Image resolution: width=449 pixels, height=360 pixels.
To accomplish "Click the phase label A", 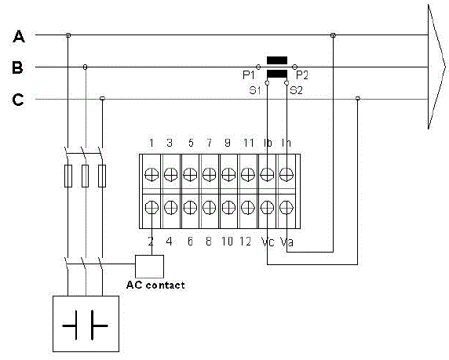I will pyautogui.click(x=19, y=36).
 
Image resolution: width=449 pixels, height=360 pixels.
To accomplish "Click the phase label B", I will pyautogui.click(x=17, y=68).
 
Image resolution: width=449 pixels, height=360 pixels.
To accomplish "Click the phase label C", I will pyautogui.click(x=17, y=100).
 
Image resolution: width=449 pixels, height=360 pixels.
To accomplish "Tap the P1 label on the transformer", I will pyautogui.click(x=248, y=75).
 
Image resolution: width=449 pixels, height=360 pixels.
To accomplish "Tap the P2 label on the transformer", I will pyautogui.click(x=302, y=75).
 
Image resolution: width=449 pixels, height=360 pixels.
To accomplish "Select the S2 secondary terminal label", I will pyautogui.click(x=296, y=90).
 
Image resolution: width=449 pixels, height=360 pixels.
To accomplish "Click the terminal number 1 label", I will pyautogui.click(x=151, y=143).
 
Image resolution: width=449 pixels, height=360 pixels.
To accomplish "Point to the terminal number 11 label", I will pyautogui.click(x=247, y=143).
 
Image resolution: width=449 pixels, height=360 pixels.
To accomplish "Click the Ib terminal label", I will pyautogui.click(x=268, y=143).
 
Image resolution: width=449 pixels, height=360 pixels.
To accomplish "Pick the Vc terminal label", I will pyautogui.click(x=268, y=242).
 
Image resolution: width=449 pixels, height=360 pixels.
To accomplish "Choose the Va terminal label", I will pyautogui.click(x=287, y=242).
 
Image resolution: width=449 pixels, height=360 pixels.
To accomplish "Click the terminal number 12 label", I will pyautogui.click(x=248, y=242).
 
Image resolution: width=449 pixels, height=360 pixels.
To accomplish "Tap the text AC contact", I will pyautogui.click(x=155, y=285).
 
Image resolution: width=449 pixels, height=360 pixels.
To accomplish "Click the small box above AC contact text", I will pyautogui.click(x=149, y=266).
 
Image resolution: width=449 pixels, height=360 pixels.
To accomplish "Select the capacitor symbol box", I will pyautogui.click(x=86, y=323).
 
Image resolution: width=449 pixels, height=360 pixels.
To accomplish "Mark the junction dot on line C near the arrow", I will pyautogui.click(x=358, y=99).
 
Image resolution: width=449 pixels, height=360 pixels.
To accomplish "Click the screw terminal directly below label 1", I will pyautogui.click(x=151, y=173).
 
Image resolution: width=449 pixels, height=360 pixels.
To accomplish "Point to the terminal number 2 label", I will pyautogui.click(x=151, y=242).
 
